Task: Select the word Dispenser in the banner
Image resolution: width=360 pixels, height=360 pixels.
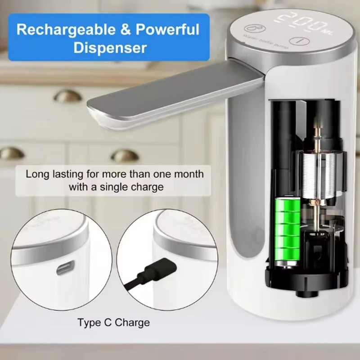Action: [110, 48]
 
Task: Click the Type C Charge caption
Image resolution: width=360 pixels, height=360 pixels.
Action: [113, 322]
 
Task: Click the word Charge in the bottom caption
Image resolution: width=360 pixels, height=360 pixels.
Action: [134, 322]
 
